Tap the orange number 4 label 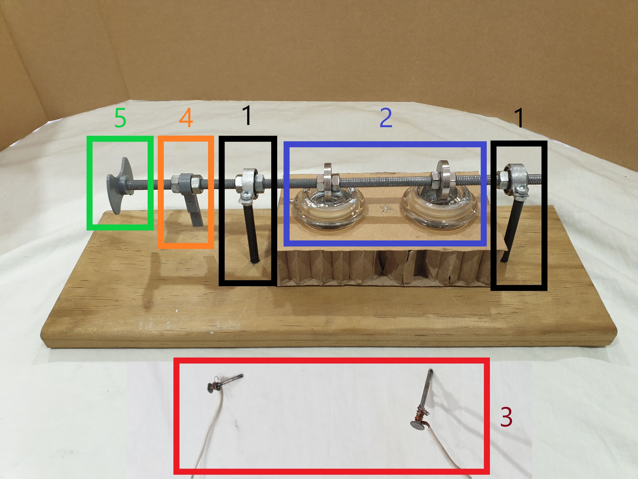[x=186, y=119]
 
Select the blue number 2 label [x=386, y=118]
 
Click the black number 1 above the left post [x=247, y=115]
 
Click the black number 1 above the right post [x=519, y=118]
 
